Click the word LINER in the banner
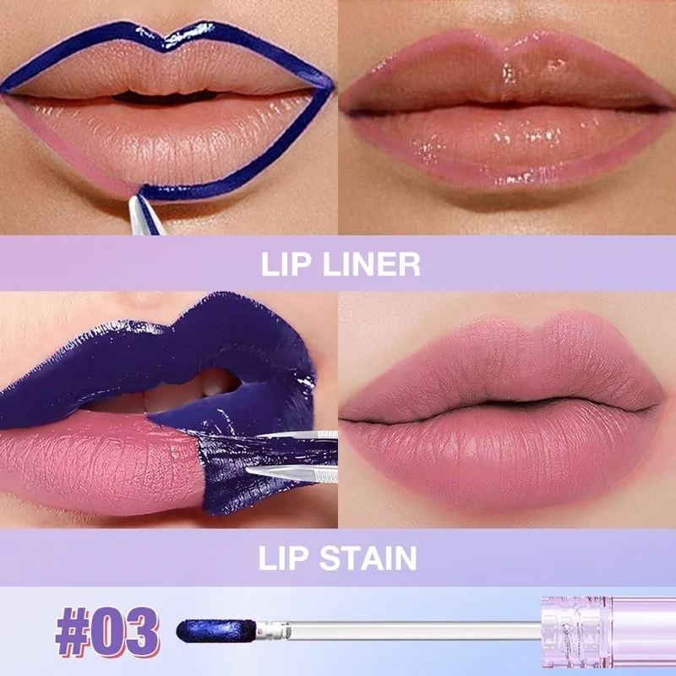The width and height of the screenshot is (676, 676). pyautogui.click(x=372, y=264)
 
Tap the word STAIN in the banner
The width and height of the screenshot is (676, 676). pyautogui.click(x=368, y=558)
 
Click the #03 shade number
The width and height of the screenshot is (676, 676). pyautogui.click(x=107, y=631)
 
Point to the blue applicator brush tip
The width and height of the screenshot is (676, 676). pyautogui.click(x=216, y=630)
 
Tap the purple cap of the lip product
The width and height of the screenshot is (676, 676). pyautogui.click(x=608, y=632)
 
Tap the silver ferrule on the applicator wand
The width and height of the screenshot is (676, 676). pyautogui.click(x=274, y=630)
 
